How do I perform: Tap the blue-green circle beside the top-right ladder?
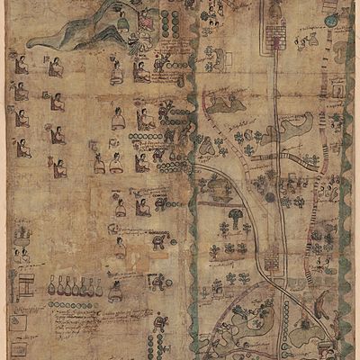330,20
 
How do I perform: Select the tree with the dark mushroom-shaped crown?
236,218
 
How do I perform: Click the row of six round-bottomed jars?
76,287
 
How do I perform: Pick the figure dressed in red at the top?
144,18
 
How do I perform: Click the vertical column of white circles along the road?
286,315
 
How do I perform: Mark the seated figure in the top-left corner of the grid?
20,65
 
